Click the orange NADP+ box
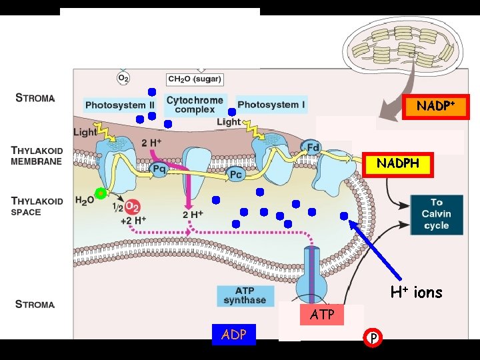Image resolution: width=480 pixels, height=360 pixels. [x=436, y=106]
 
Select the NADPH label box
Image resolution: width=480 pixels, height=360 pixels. [x=398, y=163]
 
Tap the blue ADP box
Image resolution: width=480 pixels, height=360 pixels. [x=233, y=335]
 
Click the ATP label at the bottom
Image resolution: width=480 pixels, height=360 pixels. [x=322, y=314]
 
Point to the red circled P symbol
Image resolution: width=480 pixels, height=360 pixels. [x=374, y=338]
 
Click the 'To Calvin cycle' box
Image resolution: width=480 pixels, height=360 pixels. [x=436, y=214]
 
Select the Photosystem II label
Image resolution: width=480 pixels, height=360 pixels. [x=120, y=105]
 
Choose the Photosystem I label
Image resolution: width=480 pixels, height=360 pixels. [x=271, y=105]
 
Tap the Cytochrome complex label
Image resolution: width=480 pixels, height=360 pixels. [x=195, y=105]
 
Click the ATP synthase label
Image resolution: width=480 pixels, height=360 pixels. [x=245, y=295]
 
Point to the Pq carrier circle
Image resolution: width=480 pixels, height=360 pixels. [x=159, y=169]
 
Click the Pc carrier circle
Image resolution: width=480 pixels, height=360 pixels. [x=235, y=175]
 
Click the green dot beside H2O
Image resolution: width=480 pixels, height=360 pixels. [x=101, y=194]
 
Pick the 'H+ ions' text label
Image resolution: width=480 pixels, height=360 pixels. [x=416, y=292]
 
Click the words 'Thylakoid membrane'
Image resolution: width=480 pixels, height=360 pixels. [x=40, y=156]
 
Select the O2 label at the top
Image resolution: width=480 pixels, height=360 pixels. [x=123, y=78]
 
